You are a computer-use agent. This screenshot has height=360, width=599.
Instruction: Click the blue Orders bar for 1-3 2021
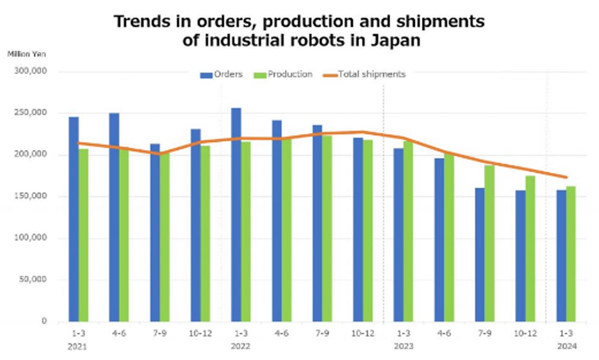(x=74, y=219)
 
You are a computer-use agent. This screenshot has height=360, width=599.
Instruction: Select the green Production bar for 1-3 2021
(x=83, y=234)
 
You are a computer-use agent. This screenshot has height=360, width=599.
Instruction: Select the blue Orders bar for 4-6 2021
(x=114, y=217)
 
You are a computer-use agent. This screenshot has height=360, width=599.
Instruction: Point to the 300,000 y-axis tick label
(x=31, y=72)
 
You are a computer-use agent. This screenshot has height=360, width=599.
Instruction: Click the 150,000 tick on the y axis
(x=31, y=196)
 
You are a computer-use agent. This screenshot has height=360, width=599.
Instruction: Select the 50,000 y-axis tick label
(x=34, y=280)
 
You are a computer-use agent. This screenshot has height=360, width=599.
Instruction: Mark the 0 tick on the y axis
(x=45, y=321)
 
